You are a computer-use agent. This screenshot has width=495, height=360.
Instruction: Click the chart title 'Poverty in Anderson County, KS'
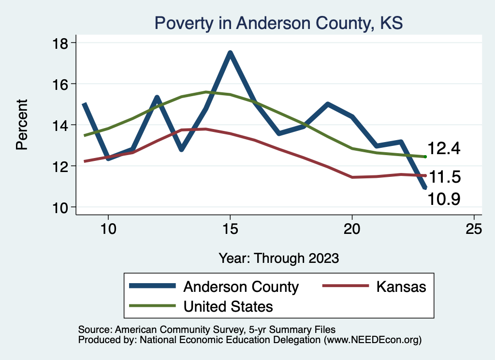(278, 23)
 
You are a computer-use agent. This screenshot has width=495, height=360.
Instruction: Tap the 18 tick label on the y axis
(61, 43)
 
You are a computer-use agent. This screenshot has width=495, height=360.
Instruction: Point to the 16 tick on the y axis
(61, 84)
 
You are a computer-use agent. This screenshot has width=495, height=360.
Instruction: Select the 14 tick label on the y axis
(61, 125)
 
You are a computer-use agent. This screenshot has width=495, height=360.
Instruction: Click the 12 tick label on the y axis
(61, 166)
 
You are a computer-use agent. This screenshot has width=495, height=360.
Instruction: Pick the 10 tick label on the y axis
(61, 207)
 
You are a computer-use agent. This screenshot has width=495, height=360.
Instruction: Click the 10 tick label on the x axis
(108, 229)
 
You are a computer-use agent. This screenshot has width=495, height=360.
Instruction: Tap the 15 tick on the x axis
(230, 229)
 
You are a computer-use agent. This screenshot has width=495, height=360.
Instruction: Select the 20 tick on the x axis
(352, 229)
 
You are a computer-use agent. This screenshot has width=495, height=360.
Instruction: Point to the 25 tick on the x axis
(474, 229)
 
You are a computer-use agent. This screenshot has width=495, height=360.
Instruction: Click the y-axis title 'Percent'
(22, 125)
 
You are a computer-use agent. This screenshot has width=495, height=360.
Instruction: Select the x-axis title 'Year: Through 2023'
(278, 258)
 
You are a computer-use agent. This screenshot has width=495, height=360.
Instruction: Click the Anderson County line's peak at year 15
(230, 53)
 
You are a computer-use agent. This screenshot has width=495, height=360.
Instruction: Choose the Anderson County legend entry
(241, 287)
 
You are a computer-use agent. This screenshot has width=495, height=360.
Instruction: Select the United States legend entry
(228, 306)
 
